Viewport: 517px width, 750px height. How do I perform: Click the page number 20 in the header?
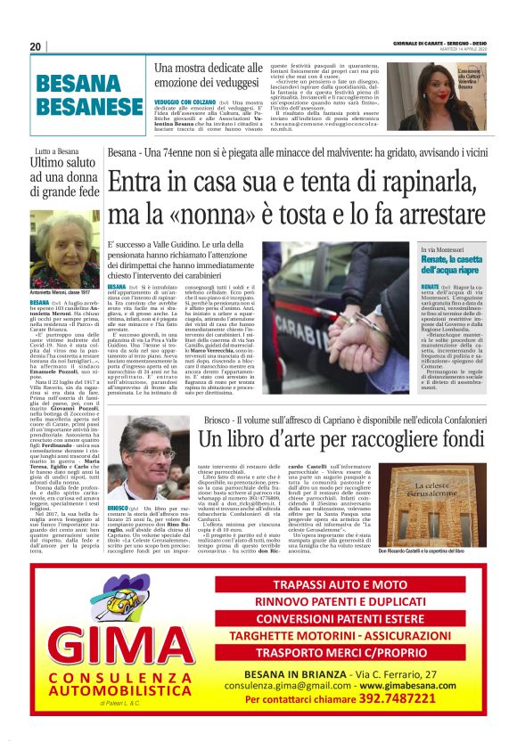pos(36,47)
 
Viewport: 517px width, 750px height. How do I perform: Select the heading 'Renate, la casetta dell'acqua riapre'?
pos(453,264)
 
